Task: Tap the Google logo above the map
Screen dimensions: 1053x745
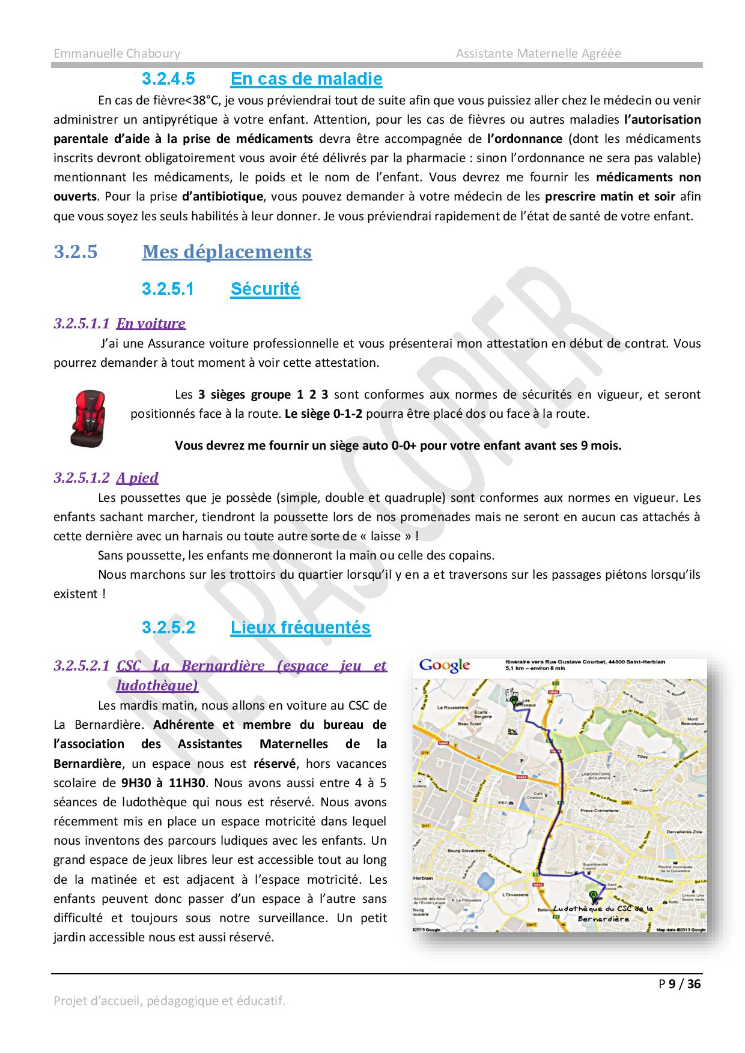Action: click(445, 665)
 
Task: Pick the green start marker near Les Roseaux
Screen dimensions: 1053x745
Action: click(514, 699)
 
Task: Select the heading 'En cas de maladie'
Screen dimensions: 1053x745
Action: click(306, 79)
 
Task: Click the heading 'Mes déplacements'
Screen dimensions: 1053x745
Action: click(227, 252)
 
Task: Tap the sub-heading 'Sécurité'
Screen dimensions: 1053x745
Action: click(265, 289)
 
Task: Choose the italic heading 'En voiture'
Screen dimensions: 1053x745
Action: click(151, 324)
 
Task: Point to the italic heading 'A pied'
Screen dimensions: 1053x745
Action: click(137, 478)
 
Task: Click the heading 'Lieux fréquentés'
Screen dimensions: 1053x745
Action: click(300, 627)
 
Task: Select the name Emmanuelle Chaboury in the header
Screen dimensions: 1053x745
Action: click(117, 53)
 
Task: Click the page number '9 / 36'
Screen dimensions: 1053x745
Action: click(685, 983)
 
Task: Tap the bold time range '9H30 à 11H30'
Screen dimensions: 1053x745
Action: click(163, 783)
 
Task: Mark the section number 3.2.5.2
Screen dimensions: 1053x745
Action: click(169, 627)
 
